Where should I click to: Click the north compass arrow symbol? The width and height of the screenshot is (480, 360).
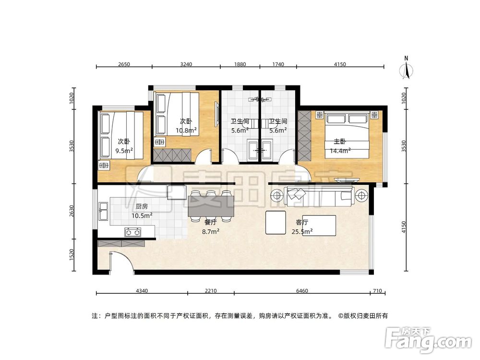point(407,71)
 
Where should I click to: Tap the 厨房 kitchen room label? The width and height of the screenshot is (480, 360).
point(141,207)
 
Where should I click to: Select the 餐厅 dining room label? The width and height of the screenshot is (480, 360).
point(211,223)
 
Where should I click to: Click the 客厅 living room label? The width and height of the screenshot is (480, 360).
point(301,223)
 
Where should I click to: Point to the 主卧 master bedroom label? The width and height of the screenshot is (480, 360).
point(340,142)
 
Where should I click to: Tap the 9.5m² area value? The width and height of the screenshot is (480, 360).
point(124,150)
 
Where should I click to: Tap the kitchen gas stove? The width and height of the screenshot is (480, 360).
point(133,233)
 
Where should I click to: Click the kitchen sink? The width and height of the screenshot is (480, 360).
point(103,208)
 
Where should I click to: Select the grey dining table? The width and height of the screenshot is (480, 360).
point(211,207)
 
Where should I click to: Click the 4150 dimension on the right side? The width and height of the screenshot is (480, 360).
point(404,227)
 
